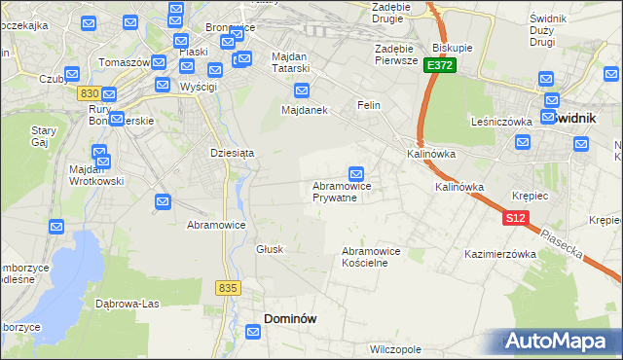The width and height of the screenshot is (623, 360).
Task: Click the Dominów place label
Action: (291, 318)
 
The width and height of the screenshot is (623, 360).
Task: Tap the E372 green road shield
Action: (439, 64)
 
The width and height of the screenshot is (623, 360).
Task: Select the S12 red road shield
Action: (516, 219)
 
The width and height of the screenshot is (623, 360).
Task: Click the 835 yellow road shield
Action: (229, 288)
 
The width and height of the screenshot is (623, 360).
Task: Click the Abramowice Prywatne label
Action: (335, 191)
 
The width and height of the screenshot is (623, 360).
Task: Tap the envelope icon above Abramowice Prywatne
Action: (357, 172)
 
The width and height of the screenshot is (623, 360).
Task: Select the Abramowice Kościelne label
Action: (371, 257)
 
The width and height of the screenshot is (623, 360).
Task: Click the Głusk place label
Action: (270, 249)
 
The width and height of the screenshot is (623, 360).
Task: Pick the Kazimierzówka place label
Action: (501, 254)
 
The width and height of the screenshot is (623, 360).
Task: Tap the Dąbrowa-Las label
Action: (128, 303)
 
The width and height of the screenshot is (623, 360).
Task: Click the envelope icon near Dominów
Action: (254, 333)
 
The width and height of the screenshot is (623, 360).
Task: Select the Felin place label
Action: (368, 104)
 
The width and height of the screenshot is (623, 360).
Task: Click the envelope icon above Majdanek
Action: (302, 91)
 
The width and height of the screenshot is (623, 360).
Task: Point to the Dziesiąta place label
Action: (232, 153)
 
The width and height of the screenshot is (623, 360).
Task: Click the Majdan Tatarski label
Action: (289, 62)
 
